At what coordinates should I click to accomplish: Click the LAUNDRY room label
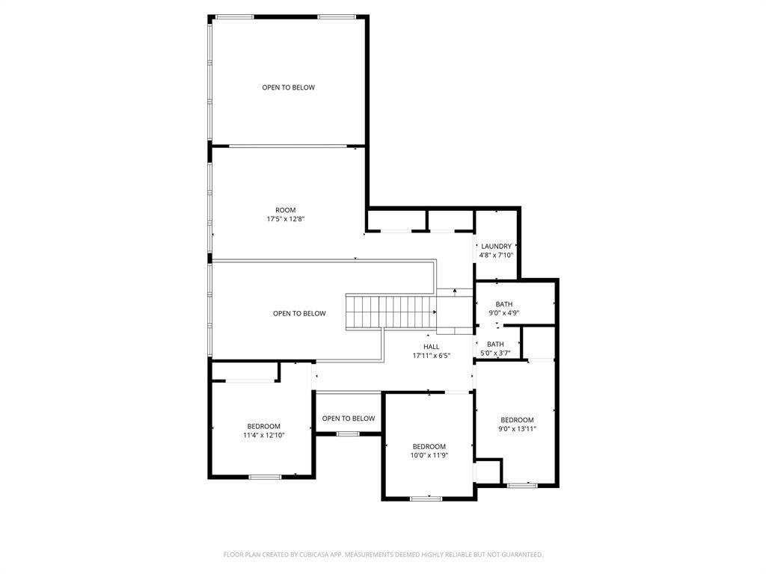tap(496, 246)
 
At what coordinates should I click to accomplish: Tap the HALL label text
tap(432, 347)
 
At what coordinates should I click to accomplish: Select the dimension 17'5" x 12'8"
tap(286, 220)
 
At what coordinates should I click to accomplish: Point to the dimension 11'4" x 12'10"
tap(263, 435)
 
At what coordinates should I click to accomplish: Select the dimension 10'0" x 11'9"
tap(429, 455)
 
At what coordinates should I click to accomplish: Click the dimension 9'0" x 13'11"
tap(517, 429)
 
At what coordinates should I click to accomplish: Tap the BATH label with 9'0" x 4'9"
tap(504, 304)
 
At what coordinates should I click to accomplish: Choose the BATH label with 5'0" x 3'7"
tap(495, 344)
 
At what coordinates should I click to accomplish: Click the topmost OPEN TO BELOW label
tap(288, 87)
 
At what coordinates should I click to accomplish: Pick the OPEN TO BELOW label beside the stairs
tap(299, 313)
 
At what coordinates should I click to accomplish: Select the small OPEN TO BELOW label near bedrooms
tap(349, 419)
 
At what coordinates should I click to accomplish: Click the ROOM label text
tap(286, 210)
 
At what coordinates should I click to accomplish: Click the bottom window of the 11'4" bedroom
tap(265, 477)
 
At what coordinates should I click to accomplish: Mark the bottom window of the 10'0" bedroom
tap(426, 498)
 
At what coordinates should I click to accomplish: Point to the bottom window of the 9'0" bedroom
tap(521, 486)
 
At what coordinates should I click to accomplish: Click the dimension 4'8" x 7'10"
tap(496, 255)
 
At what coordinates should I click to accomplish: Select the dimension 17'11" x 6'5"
tap(432, 356)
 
